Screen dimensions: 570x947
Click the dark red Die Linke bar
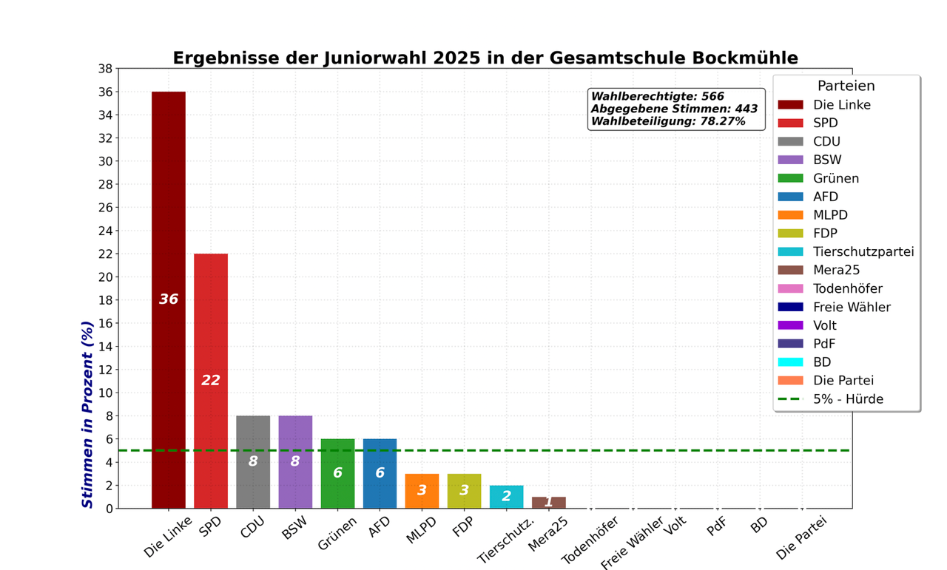tap(169, 222)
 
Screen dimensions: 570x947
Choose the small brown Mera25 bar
tap(548, 503)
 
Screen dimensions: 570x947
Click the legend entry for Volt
tap(824, 325)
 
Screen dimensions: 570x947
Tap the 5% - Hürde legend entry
tap(847, 399)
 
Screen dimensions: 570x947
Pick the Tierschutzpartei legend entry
tap(863, 252)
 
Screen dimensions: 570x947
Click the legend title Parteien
tap(846, 86)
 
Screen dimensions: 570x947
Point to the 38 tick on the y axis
tap(104, 69)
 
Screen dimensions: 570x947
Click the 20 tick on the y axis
tap(104, 277)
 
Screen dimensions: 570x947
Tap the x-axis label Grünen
tap(337, 534)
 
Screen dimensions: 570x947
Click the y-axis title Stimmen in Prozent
tap(87, 414)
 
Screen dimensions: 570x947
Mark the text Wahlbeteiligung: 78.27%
tap(668, 121)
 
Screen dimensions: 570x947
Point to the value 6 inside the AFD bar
tap(380, 473)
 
